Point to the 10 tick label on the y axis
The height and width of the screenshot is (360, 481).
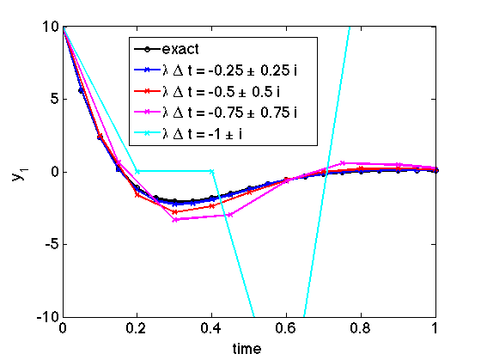tap(50, 27)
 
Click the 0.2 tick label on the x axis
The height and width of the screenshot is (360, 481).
tap(137, 329)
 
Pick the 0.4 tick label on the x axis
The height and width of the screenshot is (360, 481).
tap(212, 329)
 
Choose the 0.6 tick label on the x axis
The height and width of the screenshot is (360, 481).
tap(286, 329)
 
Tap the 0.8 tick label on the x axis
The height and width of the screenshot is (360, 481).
tap(361, 329)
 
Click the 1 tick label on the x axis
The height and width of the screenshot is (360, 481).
tap(435, 329)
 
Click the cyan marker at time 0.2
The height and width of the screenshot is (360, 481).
tap(137, 172)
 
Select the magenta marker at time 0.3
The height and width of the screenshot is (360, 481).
tap(174, 219)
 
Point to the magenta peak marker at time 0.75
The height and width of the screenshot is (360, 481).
tap(342, 162)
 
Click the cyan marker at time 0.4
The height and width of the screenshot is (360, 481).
tap(212, 172)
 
